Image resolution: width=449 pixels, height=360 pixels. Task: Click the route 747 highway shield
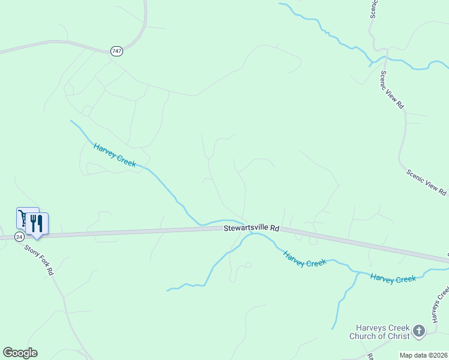[x=116, y=52]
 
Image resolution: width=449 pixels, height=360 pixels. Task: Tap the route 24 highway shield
[x=19, y=236]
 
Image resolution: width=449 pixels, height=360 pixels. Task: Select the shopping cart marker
[x=24, y=217]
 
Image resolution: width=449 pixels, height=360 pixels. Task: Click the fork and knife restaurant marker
[x=37, y=223]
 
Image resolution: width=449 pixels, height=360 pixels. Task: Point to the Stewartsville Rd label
[x=252, y=228]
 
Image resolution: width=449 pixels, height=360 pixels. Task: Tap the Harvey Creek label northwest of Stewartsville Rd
[x=115, y=155]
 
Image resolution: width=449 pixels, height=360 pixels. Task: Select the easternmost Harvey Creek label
[x=393, y=278]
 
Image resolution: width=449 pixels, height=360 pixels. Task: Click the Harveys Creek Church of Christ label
[x=381, y=332]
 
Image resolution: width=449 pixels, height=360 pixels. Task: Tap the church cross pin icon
[x=419, y=331]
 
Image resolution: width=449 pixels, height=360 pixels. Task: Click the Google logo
[x=20, y=353]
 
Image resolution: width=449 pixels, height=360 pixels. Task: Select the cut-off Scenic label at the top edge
[x=373, y=8]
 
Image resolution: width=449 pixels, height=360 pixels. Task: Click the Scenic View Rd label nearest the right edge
[x=427, y=182]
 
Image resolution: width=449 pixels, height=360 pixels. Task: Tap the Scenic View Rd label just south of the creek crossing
[x=393, y=90]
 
